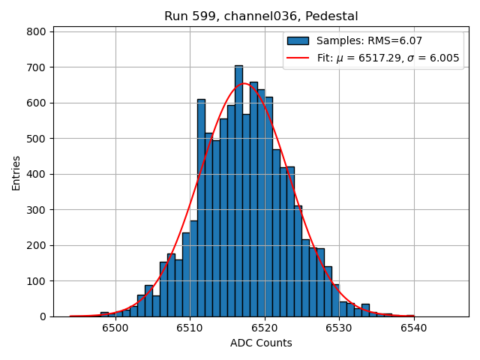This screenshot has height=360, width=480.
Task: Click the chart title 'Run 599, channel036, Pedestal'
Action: tap(261, 16)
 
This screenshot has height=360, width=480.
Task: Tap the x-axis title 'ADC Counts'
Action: tap(261, 343)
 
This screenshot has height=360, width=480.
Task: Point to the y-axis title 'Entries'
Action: tap(16, 173)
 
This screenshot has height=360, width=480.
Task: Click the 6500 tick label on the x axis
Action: tap(115, 328)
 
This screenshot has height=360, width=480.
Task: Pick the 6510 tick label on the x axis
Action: tap(190, 328)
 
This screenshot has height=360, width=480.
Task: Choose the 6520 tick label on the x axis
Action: tap(264, 328)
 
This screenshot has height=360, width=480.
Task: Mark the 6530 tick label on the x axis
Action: tap(338, 328)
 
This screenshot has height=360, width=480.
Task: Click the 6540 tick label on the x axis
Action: tap(413, 328)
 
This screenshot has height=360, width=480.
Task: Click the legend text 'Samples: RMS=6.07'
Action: tap(369, 40)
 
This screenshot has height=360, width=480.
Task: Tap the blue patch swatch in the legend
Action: tap(298, 40)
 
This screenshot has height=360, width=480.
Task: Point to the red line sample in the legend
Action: tap(298, 58)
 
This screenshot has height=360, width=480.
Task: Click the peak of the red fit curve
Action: tap(244, 83)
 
